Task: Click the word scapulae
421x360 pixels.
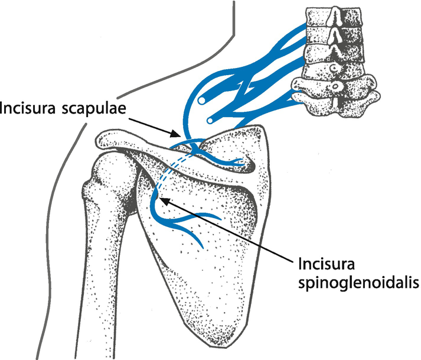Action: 94,109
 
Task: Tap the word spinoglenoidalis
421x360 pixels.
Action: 359,283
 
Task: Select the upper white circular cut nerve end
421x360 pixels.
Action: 201,100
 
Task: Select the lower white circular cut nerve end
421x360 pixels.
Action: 210,121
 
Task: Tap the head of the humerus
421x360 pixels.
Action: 113,172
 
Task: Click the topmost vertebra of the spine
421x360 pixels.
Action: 334,16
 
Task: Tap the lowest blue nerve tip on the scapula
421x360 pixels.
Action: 202,247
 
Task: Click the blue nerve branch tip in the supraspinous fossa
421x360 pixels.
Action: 243,161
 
